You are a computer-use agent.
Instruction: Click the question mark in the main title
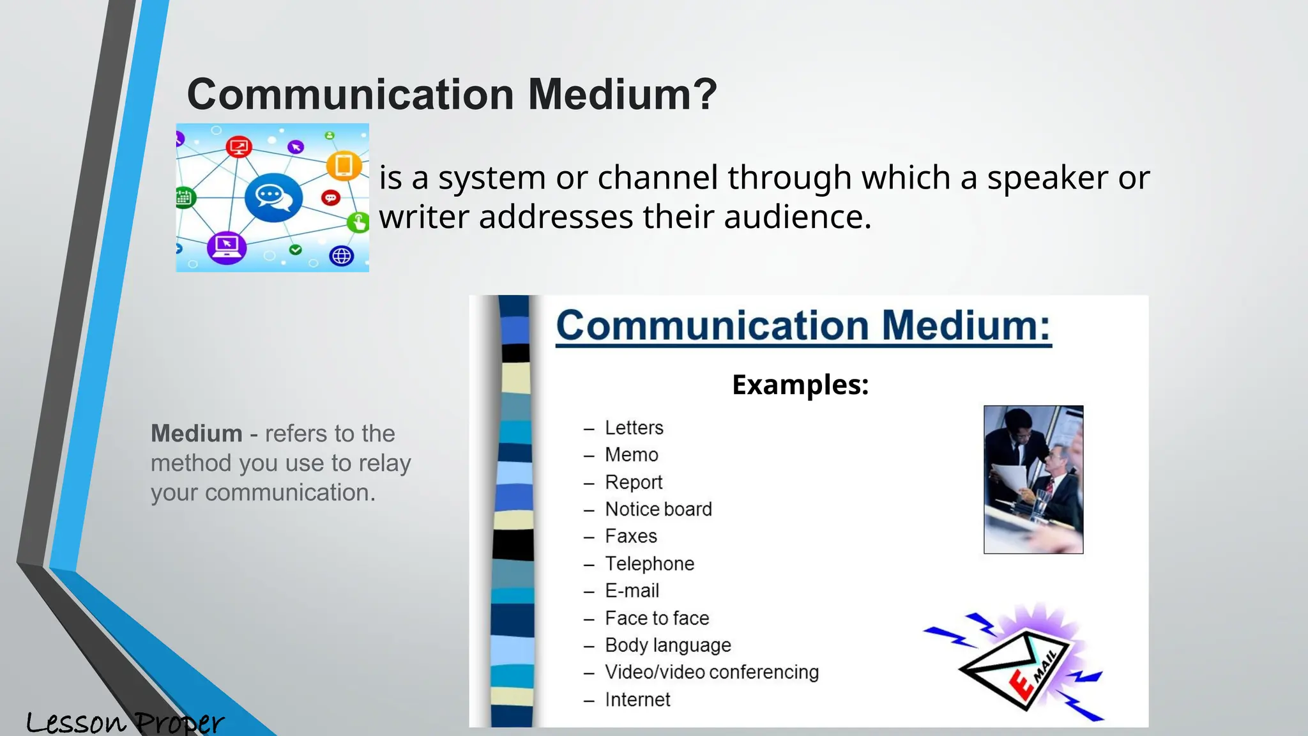703,95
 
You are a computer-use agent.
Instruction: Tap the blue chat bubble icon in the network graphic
273,197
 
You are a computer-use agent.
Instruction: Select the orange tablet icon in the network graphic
344,165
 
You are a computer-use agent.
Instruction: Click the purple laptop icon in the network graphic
227,247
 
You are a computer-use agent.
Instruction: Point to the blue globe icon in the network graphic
342,256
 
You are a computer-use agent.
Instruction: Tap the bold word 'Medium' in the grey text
196,434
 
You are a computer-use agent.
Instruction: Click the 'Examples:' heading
800,385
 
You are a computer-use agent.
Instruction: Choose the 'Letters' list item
634,427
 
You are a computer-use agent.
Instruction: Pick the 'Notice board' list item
658,509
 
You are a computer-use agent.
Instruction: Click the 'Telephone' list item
649,563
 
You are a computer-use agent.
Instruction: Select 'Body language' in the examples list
667,645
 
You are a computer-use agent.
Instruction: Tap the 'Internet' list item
637,700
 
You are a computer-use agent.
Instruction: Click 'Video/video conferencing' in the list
711,672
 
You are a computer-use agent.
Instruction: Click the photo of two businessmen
1033,479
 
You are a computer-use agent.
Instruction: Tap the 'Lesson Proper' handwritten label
125,723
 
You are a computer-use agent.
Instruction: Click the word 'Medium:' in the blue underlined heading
966,326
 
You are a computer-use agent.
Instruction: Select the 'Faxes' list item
630,536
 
